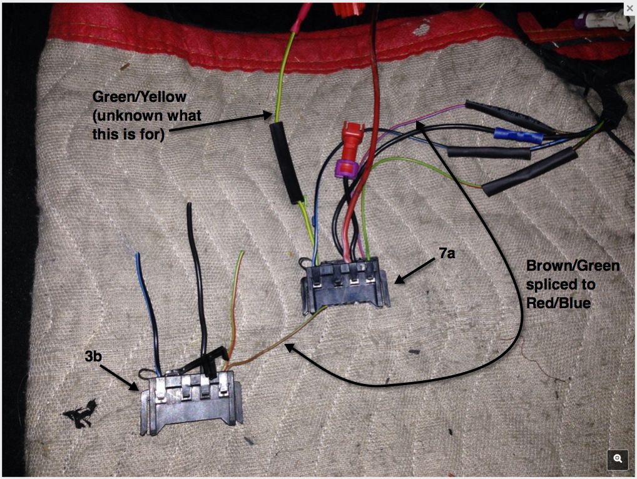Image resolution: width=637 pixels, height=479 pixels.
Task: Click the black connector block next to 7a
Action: (x=344, y=285)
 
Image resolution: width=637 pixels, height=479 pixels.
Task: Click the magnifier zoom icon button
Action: (x=618, y=458)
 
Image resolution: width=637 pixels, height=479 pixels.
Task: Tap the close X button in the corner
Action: (x=629, y=8)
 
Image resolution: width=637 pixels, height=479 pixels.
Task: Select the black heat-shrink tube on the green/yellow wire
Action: (x=286, y=162)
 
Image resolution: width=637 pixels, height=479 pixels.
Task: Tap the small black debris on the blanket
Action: (x=80, y=413)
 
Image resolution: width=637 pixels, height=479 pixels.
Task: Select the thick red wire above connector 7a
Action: (x=370, y=125)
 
